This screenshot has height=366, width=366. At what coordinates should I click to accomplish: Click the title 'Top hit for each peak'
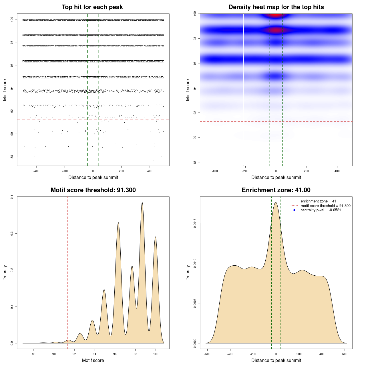point(92,7)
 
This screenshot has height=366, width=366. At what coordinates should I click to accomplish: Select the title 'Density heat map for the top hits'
point(276,7)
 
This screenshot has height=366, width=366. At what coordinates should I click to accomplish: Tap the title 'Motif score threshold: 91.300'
point(93,190)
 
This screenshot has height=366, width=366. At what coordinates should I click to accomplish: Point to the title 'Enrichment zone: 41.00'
point(276,190)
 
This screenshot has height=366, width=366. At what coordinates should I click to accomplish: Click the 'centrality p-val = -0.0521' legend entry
point(321,210)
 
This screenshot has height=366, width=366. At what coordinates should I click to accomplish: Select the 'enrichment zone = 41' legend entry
point(318,201)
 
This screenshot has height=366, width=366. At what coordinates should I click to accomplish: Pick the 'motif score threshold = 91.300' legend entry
point(325,206)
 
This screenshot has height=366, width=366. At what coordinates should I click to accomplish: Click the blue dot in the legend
point(294,210)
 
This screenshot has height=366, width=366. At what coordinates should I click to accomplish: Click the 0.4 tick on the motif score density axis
point(12,197)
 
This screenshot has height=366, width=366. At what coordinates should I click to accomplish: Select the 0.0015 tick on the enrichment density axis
point(195,223)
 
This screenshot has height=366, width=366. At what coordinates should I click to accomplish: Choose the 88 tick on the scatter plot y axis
point(12,157)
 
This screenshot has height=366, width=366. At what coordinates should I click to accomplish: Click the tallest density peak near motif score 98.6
point(142,203)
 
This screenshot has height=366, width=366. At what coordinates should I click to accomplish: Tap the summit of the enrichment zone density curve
point(276,203)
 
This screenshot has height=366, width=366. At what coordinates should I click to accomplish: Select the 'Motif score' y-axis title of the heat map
point(188,90)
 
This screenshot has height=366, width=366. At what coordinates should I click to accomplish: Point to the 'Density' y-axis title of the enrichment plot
point(188,272)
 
